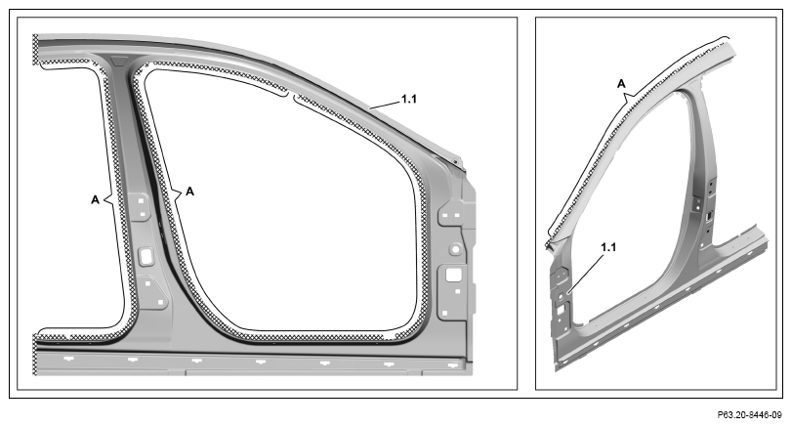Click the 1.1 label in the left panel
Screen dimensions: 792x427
coord(408,99)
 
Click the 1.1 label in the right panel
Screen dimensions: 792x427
coord(608,247)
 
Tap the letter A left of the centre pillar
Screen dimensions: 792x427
coord(95,200)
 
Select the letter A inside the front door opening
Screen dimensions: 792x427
coord(189,192)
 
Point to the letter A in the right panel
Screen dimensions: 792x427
coord(621,84)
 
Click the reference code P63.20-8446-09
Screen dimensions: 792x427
coord(750,415)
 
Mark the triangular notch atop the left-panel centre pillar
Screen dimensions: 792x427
coord(120,62)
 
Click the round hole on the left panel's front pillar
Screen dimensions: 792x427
coord(455,248)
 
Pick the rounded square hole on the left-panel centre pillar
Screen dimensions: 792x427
coord(146,255)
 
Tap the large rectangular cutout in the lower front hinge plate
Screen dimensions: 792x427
coord(453,275)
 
